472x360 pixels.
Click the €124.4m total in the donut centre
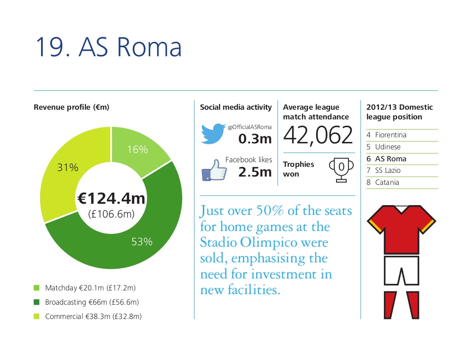pyautogui.click(x=112, y=198)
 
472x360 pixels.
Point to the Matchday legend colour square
pyautogui.click(x=36, y=288)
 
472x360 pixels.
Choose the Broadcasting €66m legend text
pyautogui.click(x=92, y=302)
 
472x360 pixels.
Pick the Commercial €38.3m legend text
pyautogui.click(x=93, y=316)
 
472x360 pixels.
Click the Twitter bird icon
pyautogui.click(x=213, y=133)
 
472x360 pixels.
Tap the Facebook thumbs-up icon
pyautogui.click(x=214, y=170)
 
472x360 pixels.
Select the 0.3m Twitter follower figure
pyautogui.click(x=255, y=139)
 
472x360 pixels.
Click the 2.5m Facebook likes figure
pyautogui.click(x=255, y=172)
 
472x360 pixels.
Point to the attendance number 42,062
pyautogui.click(x=318, y=135)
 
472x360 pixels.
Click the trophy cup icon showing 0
pyautogui.click(x=342, y=170)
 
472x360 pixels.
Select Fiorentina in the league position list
pyautogui.click(x=391, y=135)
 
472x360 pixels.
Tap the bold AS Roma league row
pyautogui.click(x=387, y=159)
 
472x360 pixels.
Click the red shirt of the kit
pyautogui.click(x=401, y=230)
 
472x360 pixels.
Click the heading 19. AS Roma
pyautogui.click(x=109, y=47)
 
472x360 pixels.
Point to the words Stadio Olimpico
pyautogui.click(x=248, y=242)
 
